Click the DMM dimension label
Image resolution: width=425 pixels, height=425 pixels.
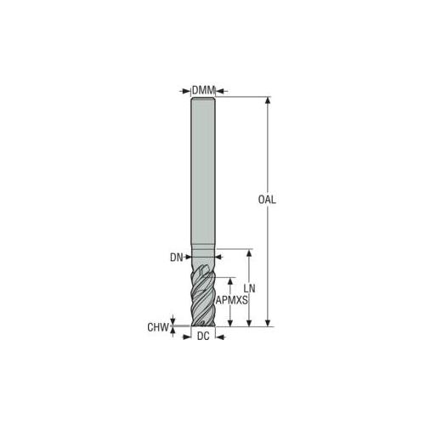click(x=204, y=91)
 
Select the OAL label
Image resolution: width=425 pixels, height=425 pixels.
click(x=267, y=200)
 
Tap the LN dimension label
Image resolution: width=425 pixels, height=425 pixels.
click(x=249, y=288)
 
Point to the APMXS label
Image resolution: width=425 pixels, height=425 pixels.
click(x=232, y=300)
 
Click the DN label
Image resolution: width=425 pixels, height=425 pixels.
click(x=176, y=258)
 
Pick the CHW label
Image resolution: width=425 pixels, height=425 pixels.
click(x=158, y=327)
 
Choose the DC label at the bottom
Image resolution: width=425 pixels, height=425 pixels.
click(x=203, y=337)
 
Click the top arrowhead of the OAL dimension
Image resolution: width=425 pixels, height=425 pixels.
click(x=268, y=100)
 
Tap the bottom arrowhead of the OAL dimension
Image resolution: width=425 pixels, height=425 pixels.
click(x=268, y=323)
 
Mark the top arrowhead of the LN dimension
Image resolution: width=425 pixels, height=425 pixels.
click(x=249, y=252)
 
